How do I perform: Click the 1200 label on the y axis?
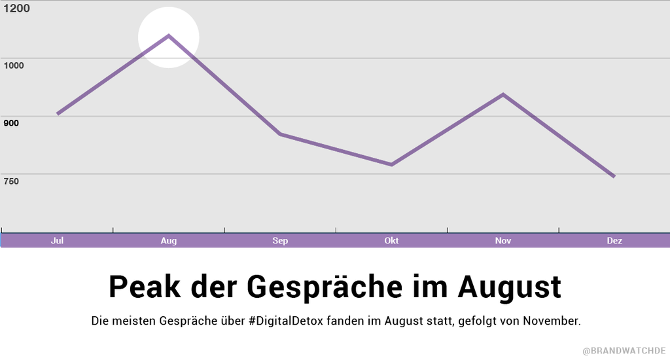(x=17, y=8)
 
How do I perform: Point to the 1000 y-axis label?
(x=15, y=65)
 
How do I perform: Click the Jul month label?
(x=58, y=241)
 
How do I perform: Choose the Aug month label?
(x=169, y=241)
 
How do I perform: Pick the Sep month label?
(x=280, y=241)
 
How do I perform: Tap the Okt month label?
(x=391, y=241)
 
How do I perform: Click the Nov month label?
(x=503, y=241)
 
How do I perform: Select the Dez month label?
(x=614, y=241)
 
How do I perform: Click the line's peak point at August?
(x=169, y=35)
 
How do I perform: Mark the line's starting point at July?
(x=58, y=114)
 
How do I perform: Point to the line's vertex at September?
(x=280, y=134)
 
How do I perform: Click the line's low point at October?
(x=391, y=164)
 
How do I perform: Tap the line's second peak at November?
(x=503, y=94)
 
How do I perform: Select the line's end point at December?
(x=614, y=176)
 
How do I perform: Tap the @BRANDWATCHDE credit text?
(x=624, y=351)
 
